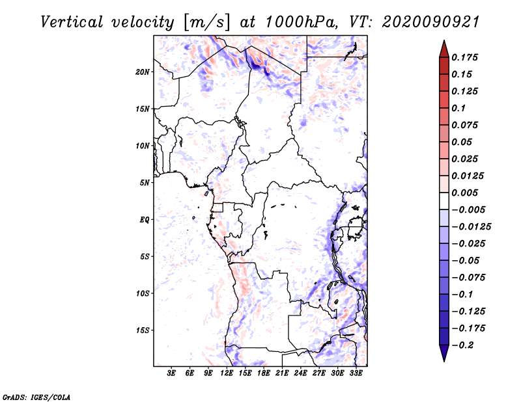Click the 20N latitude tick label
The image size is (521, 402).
[x=143, y=72]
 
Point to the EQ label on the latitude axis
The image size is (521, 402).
[x=145, y=220]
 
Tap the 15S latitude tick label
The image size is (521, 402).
[x=143, y=330]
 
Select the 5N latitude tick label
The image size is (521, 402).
[x=145, y=183]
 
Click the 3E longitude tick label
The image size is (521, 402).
[x=172, y=373]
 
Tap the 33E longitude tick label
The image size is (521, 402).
[x=357, y=373]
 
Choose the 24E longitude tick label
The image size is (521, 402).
[x=301, y=373]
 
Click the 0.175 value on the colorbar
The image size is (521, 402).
[x=466, y=57]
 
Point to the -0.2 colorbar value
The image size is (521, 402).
[x=465, y=345]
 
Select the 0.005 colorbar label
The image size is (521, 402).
[x=466, y=193]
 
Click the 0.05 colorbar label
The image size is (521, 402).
[x=463, y=142]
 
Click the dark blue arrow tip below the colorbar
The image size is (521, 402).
[x=444, y=356]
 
